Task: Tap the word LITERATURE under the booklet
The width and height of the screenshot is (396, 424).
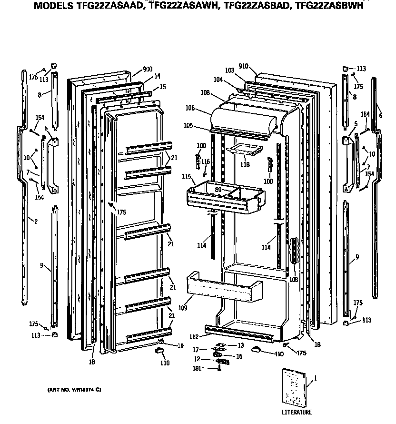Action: point(296,412)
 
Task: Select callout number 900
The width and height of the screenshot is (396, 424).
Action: point(148,69)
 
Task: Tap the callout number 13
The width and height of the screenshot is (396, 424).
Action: point(241,345)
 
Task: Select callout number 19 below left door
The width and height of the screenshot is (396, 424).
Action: point(181,346)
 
